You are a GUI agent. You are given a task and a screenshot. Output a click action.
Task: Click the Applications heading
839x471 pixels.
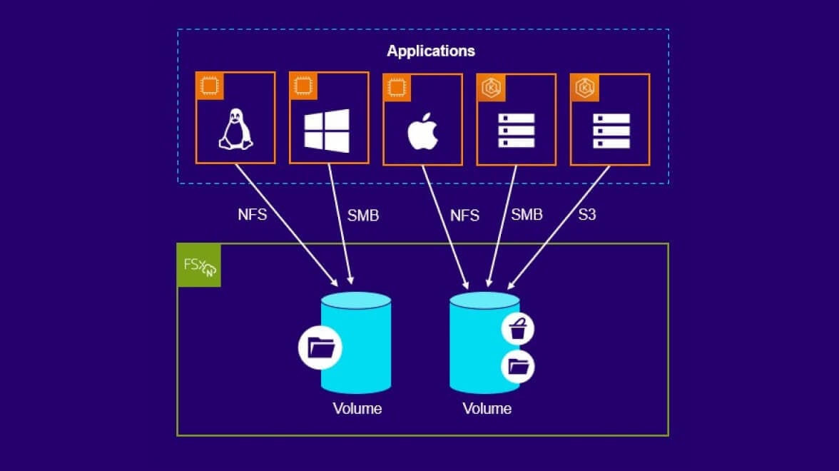click(430, 51)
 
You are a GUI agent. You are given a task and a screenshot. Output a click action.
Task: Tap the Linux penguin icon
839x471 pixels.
click(235, 130)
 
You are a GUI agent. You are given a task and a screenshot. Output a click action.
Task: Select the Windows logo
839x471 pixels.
click(327, 131)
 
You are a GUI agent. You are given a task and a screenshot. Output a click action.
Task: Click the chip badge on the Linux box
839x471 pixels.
click(210, 86)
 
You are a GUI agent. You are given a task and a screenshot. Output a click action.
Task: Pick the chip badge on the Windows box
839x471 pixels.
click(303, 86)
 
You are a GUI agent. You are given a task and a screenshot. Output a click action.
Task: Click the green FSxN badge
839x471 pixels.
click(199, 265)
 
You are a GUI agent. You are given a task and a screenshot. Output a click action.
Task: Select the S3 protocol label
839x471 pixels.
click(586, 214)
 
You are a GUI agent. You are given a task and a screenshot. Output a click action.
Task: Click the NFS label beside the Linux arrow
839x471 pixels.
click(253, 214)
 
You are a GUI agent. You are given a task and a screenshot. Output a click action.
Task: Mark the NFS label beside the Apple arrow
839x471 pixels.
click(464, 215)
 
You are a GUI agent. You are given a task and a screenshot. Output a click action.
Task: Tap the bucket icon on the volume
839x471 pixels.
click(518, 330)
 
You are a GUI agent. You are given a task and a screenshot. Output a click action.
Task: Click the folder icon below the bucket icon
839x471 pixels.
click(518, 367)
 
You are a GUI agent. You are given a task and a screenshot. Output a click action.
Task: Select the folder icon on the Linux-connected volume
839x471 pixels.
click(320, 348)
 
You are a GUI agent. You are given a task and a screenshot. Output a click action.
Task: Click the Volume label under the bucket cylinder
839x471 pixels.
click(487, 409)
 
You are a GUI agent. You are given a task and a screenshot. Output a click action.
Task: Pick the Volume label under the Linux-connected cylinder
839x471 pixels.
click(357, 409)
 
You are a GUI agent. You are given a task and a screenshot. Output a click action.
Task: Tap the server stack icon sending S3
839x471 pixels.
click(611, 131)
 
